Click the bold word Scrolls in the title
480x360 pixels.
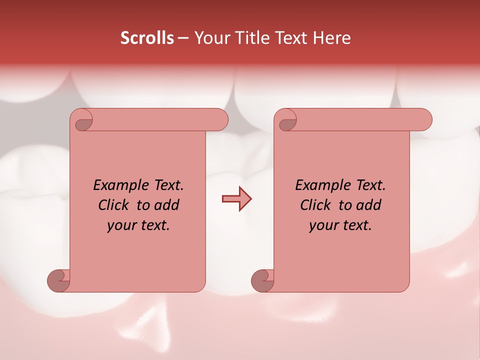(147, 38)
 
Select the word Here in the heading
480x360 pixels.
(332, 38)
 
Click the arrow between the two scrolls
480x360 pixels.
(236, 199)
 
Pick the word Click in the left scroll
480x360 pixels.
(114, 205)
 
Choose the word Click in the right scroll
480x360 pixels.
(316, 205)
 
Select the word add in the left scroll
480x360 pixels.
(167, 205)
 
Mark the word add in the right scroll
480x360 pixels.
(369, 205)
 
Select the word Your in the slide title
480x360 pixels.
(210, 38)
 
